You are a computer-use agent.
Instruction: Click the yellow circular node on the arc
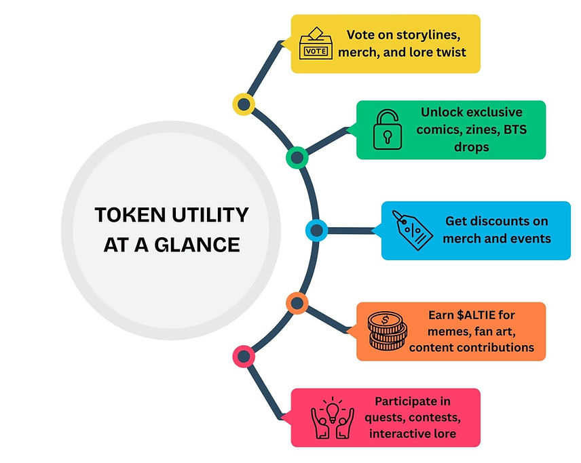[243, 104]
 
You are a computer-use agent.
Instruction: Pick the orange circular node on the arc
[297, 303]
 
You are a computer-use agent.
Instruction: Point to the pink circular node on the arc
[243, 355]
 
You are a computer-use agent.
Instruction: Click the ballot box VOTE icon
[316, 43]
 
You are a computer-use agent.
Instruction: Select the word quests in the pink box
[390, 418]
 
